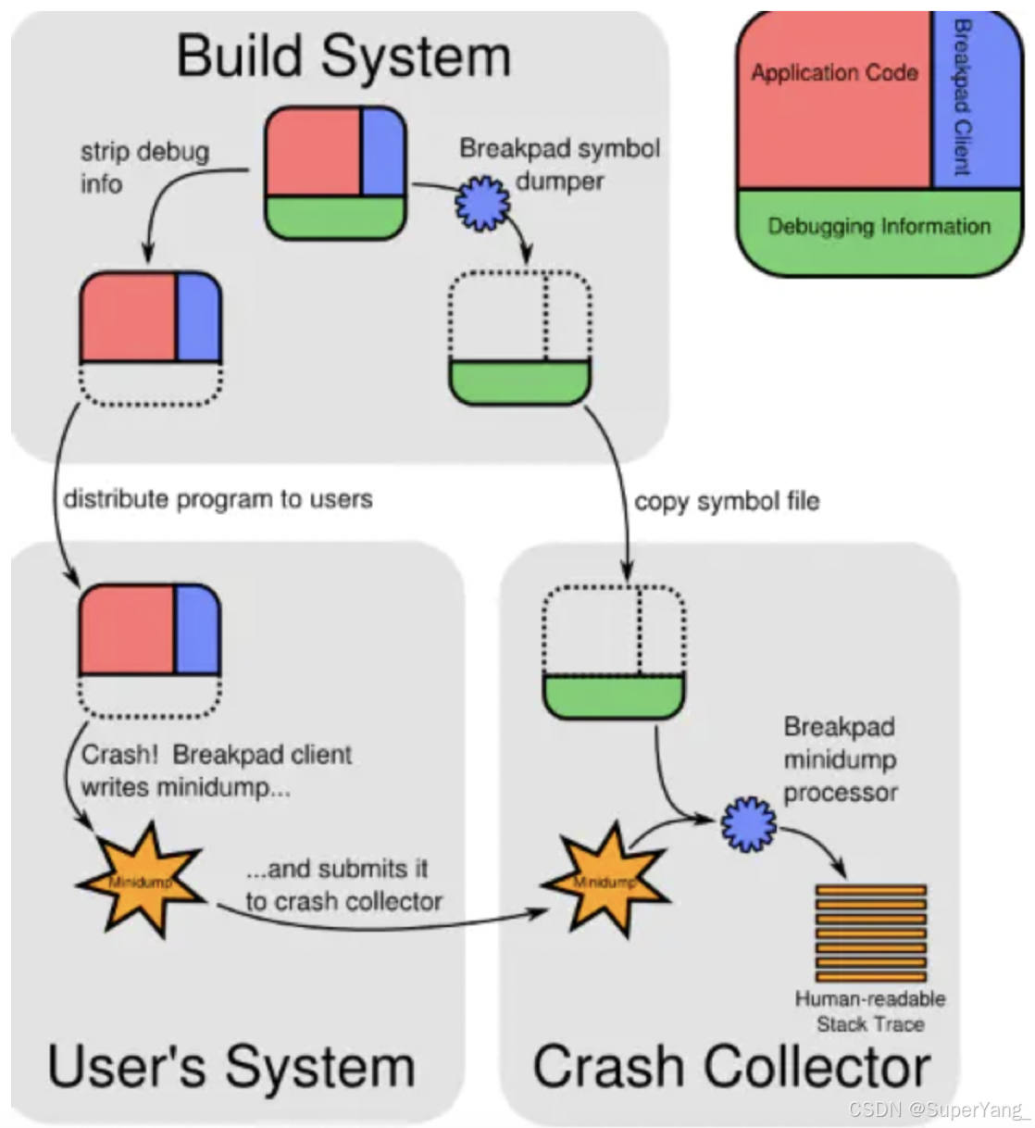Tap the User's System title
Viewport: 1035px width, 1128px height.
tap(231, 1066)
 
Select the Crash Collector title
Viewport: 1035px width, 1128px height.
tap(730, 1066)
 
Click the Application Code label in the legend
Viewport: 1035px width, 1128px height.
tap(834, 73)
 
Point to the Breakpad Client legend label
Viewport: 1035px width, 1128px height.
tap(962, 97)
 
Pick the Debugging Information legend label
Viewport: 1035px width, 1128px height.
tap(879, 227)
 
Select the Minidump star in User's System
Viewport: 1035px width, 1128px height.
tap(139, 881)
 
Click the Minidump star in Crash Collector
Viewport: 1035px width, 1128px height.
tap(604, 881)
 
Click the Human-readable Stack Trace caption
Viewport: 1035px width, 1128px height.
tap(870, 1011)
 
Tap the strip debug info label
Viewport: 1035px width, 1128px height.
tap(143, 168)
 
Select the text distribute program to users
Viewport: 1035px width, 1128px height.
tap(218, 499)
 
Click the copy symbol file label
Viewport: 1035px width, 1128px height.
tap(727, 501)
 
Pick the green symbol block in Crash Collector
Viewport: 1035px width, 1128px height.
tap(613, 696)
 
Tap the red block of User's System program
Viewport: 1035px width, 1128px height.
tap(127, 630)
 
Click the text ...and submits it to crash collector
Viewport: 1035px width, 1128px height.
tap(343, 885)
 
